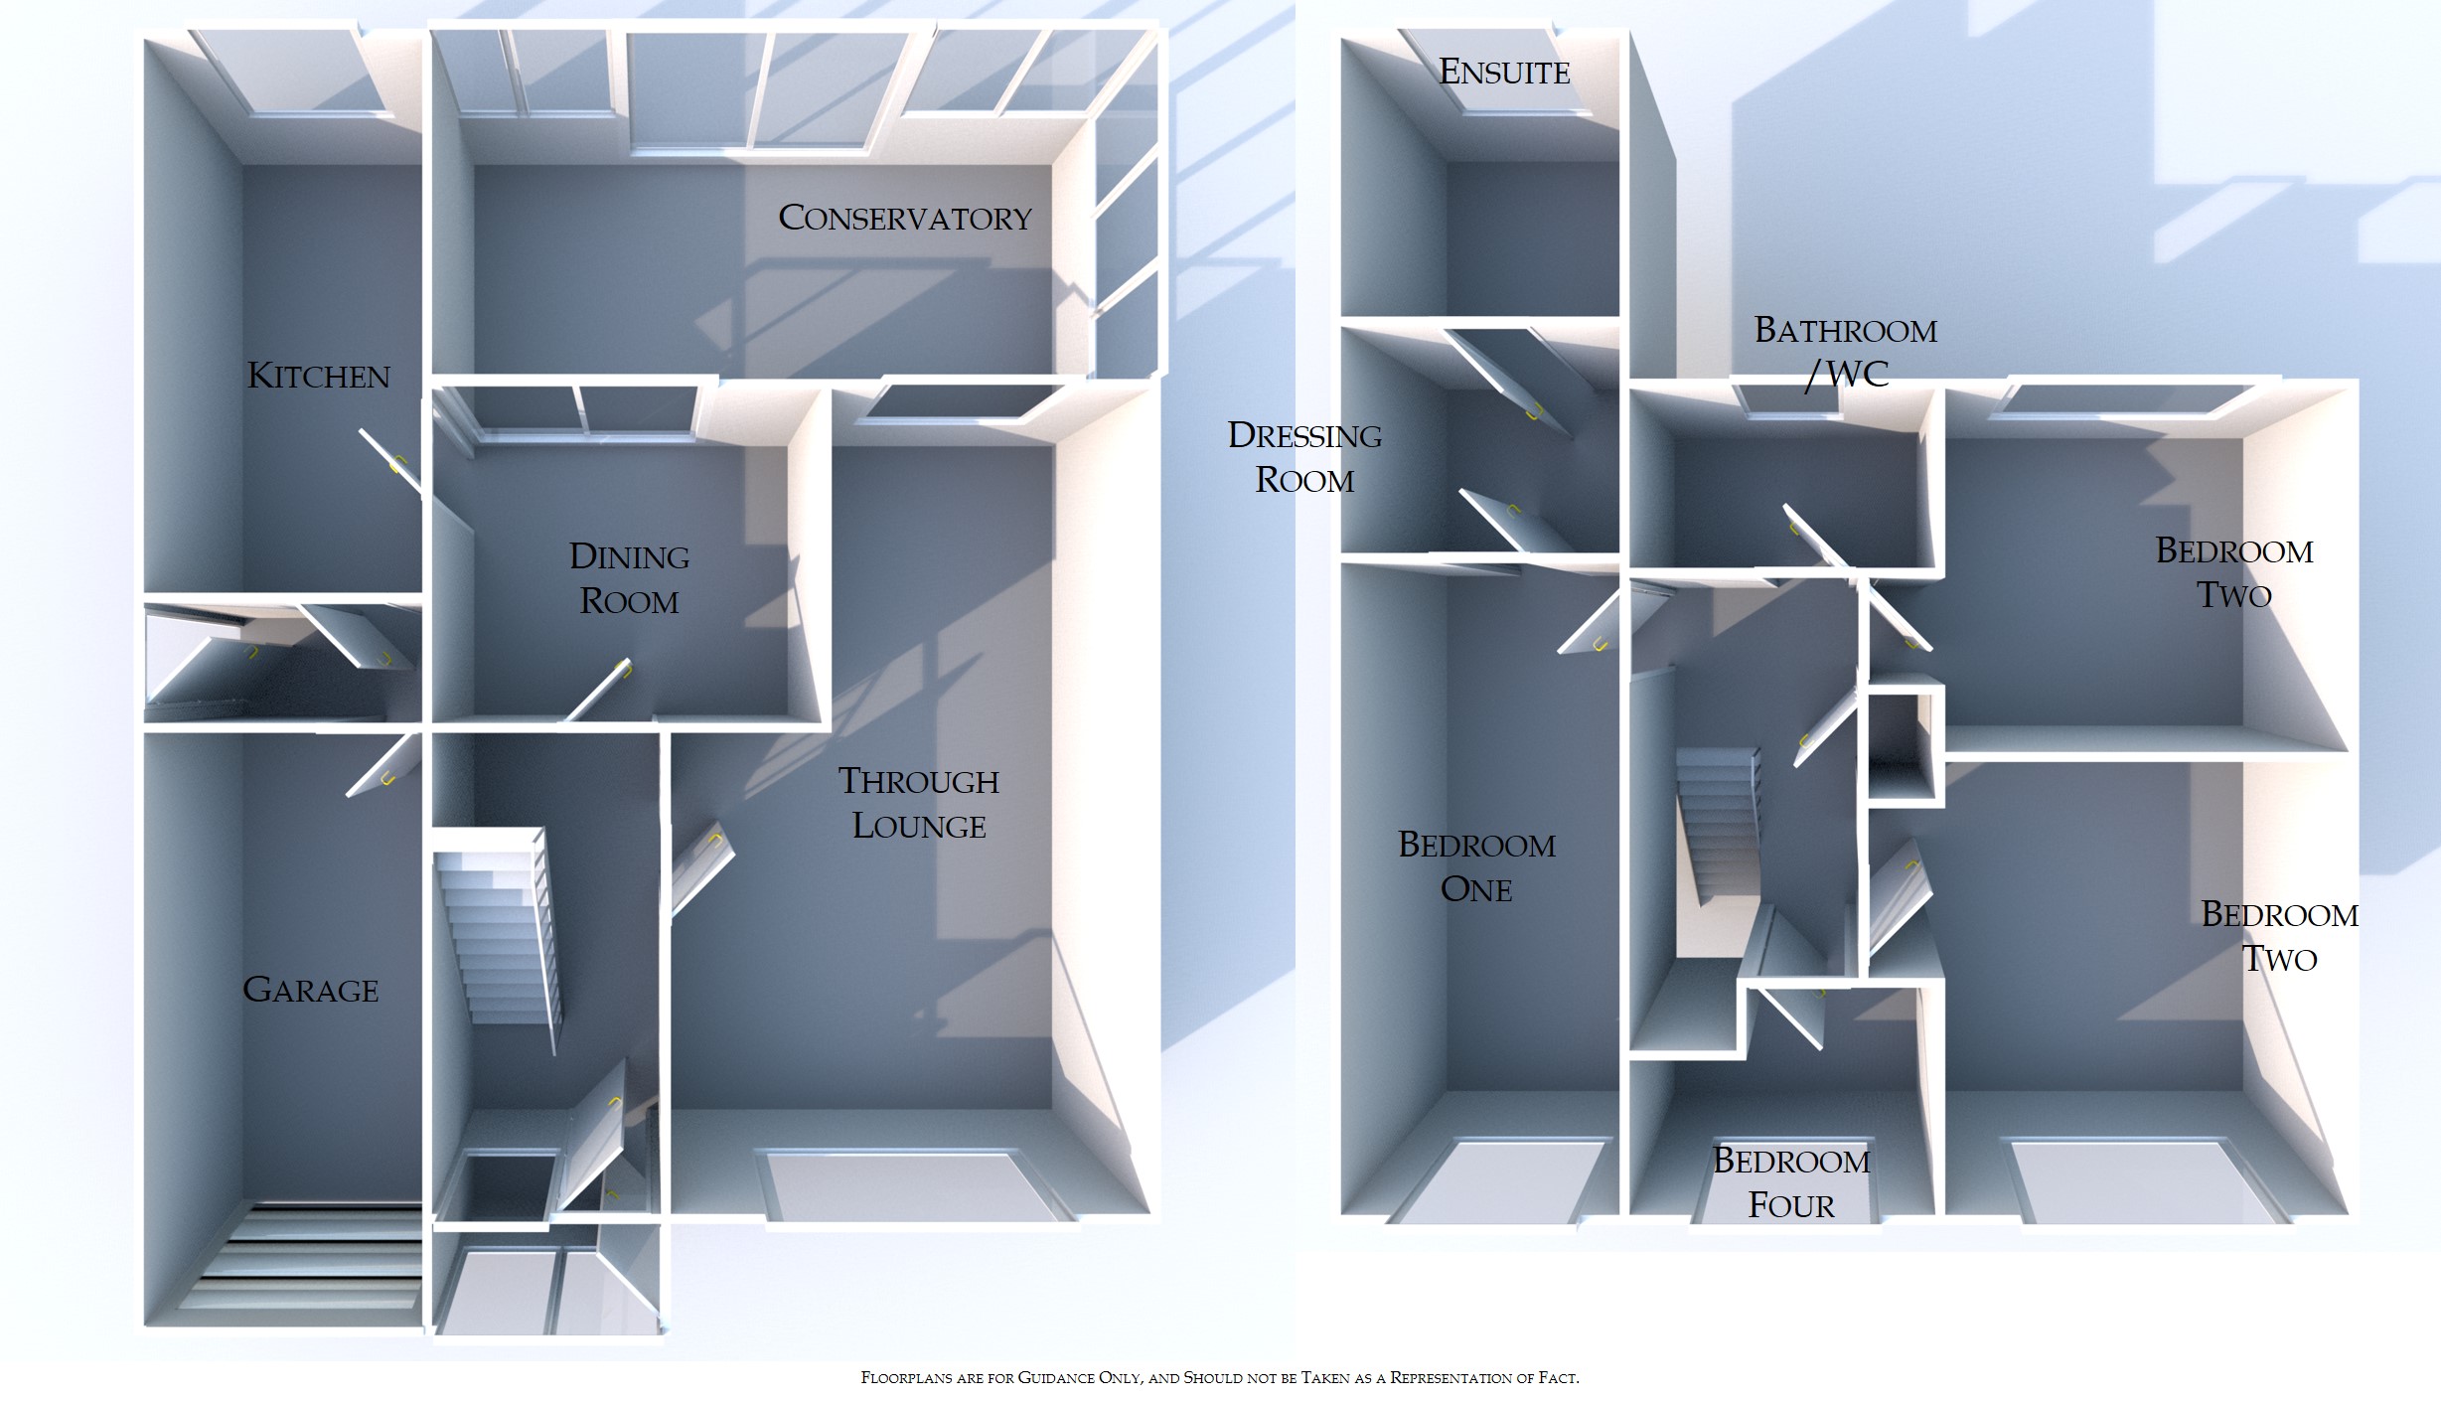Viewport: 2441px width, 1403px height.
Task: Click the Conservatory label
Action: (x=905, y=218)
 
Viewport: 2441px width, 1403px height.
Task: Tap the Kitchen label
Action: (x=318, y=376)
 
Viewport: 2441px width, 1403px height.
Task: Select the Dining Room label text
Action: (x=629, y=578)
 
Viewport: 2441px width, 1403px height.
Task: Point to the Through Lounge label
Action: (x=919, y=803)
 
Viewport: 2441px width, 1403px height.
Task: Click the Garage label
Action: (x=311, y=990)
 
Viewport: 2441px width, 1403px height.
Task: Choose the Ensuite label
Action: (x=1504, y=72)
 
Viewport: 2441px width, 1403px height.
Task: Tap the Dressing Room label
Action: (x=1304, y=457)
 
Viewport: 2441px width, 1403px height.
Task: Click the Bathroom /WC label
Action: (x=1846, y=352)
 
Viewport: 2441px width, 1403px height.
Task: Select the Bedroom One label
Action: (x=1476, y=866)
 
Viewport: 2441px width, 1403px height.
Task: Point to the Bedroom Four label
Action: (x=1791, y=1182)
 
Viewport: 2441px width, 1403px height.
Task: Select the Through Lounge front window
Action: (x=914, y=1186)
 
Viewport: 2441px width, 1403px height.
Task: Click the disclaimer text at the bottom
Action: (x=1219, y=1377)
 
